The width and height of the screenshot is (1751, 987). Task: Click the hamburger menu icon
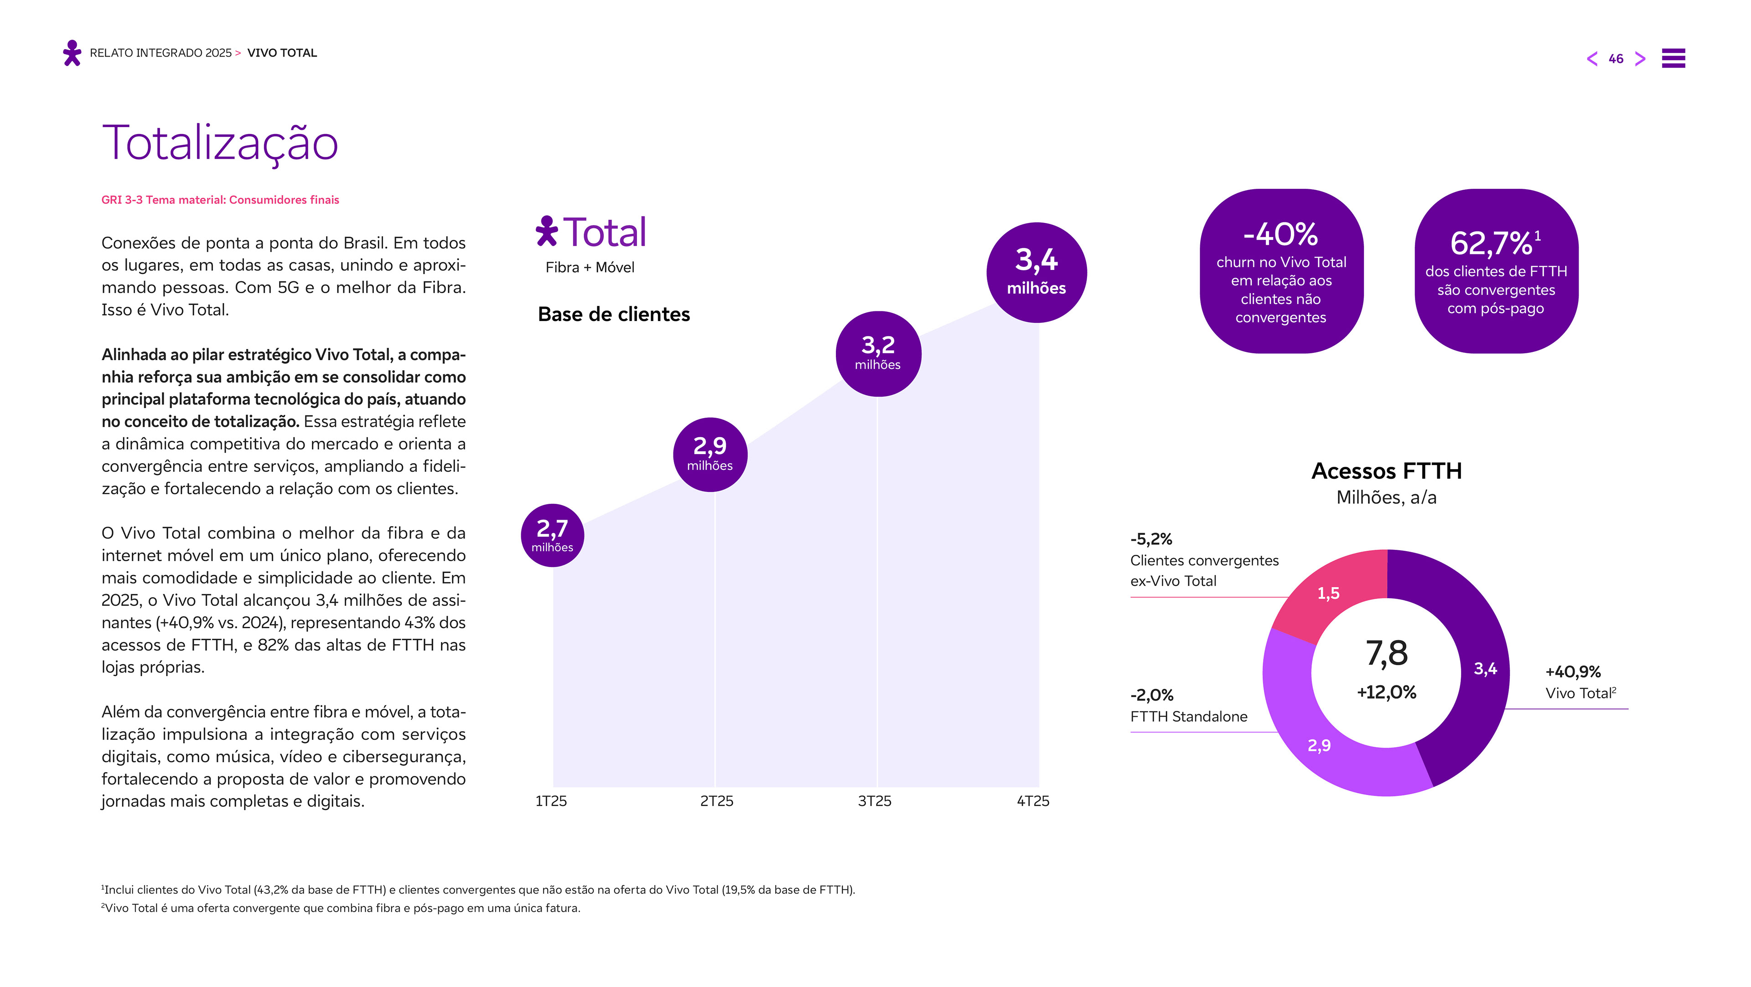1673,58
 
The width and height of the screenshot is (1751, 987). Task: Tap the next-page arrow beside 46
1640,58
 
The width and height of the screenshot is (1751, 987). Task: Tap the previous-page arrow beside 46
1592,58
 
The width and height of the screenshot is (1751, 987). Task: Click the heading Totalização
219,144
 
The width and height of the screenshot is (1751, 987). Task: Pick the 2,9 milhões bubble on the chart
710,454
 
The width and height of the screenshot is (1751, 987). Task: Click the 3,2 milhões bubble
878,353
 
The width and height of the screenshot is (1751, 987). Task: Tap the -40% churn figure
1280,234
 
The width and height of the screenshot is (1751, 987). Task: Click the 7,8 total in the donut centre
1387,653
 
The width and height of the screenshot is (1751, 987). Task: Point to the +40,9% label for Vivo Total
1573,672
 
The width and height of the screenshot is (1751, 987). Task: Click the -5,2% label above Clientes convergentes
1151,539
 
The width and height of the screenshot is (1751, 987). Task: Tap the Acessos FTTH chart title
1387,470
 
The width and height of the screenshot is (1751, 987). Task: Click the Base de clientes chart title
614,314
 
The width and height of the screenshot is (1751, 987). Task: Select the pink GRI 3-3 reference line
220,200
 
